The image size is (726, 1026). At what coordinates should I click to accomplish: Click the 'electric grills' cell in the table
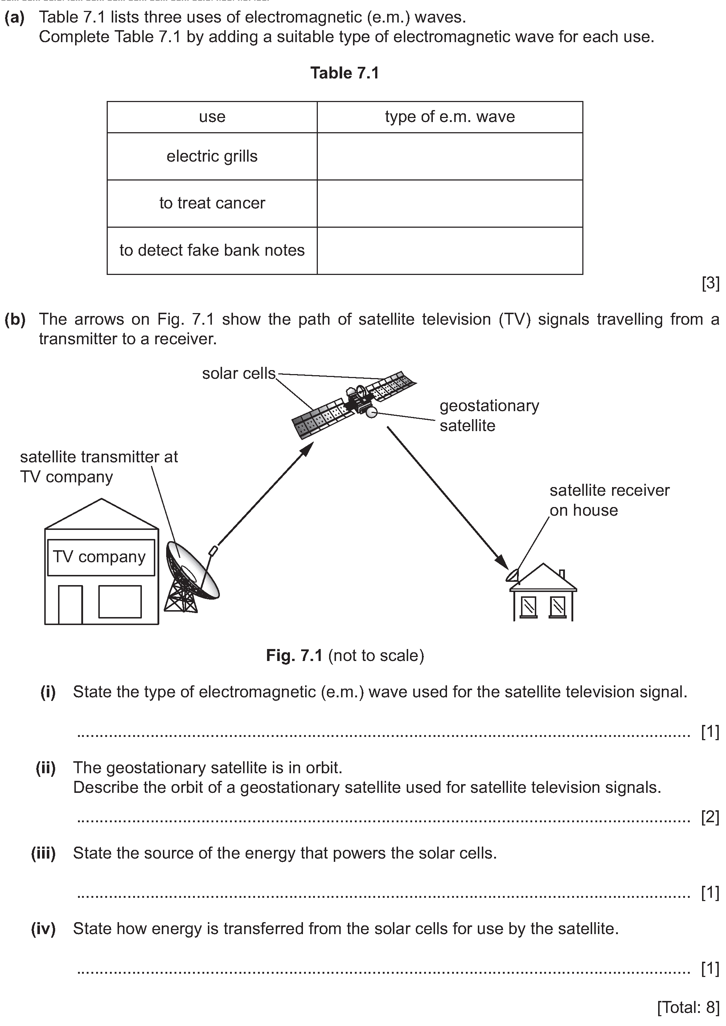coord(212,156)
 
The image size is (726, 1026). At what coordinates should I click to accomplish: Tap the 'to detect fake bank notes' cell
coord(212,250)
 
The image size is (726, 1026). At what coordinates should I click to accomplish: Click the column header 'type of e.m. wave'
coord(450,117)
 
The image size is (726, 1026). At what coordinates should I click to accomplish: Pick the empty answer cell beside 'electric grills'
coord(450,156)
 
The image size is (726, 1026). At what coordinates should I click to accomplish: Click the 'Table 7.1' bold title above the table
coord(345,73)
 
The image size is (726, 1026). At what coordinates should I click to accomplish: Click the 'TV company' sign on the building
coord(101,557)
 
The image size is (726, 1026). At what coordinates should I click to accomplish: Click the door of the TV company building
coord(70,604)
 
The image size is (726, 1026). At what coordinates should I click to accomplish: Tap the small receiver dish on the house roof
coord(513,575)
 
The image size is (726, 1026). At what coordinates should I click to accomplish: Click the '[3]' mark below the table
coord(710,283)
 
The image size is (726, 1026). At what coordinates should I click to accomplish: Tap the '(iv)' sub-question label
coord(44,929)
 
